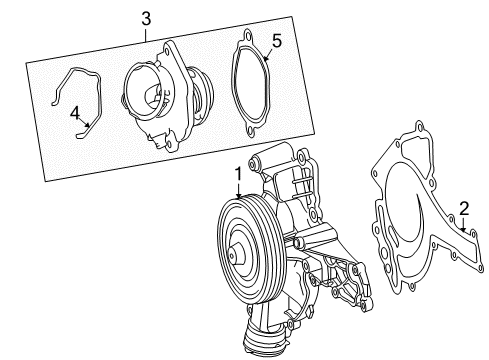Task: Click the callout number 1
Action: [238, 174]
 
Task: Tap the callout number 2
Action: [464, 209]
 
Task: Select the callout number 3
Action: [146, 19]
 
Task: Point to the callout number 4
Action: [75, 113]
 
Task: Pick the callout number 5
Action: [277, 41]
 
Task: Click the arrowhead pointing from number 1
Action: [238, 196]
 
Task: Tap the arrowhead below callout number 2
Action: [463, 229]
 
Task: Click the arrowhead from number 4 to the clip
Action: [88, 125]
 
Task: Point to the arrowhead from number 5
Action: [266, 58]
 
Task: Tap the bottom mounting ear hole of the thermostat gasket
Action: [250, 131]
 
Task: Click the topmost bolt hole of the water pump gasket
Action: [420, 127]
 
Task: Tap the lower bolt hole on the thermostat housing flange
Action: [169, 144]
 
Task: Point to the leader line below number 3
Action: [146, 35]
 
